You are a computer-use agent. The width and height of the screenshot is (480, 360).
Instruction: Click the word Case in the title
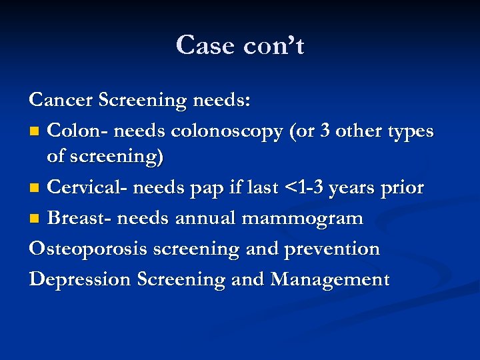point(204,45)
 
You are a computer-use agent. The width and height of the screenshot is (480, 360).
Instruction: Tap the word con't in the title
point(273,45)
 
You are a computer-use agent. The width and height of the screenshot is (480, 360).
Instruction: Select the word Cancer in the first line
point(61,100)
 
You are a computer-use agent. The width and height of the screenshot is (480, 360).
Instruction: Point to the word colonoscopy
point(227,131)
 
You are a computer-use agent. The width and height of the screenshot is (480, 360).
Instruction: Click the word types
point(408,131)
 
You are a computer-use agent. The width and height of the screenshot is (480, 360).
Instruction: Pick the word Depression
point(79,279)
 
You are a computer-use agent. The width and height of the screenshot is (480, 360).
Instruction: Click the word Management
point(329,279)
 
